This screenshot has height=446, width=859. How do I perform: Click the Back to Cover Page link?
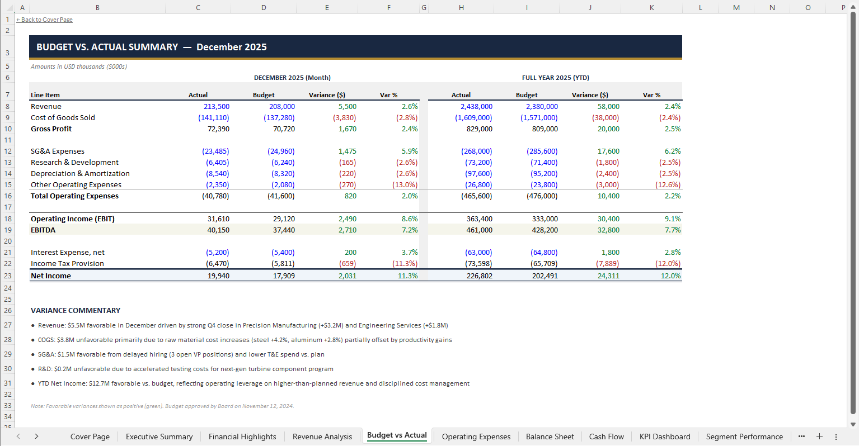(x=45, y=20)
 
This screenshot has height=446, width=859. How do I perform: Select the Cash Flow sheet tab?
(x=606, y=436)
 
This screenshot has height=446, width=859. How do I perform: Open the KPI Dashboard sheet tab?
(x=664, y=436)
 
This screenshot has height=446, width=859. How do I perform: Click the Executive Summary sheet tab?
(x=159, y=436)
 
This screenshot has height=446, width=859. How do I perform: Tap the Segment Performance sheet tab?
(x=744, y=436)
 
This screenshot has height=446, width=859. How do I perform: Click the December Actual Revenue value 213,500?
(x=217, y=106)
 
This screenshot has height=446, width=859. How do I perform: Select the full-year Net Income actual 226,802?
(x=479, y=276)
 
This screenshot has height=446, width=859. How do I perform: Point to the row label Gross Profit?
(x=51, y=129)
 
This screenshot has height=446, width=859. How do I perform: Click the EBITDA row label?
(x=43, y=230)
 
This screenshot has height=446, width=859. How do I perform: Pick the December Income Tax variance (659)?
(x=348, y=263)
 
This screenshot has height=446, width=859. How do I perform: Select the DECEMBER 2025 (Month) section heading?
(x=292, y=78)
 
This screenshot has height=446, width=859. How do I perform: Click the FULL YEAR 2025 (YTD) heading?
(x=555, y=78)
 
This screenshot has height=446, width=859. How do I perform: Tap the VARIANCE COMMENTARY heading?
(x=76, y=310)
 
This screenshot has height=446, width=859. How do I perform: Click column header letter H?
(x=461, y=7)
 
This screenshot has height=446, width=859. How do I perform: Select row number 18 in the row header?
(x=8, y=219)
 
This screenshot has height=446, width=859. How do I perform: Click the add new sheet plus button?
(x=819, y=436)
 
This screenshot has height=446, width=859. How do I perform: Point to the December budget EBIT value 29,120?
(x=284, y=219)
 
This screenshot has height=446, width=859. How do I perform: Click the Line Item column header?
(x=45, y=95)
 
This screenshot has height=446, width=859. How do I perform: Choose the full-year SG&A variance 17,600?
(x=608, y=151)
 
